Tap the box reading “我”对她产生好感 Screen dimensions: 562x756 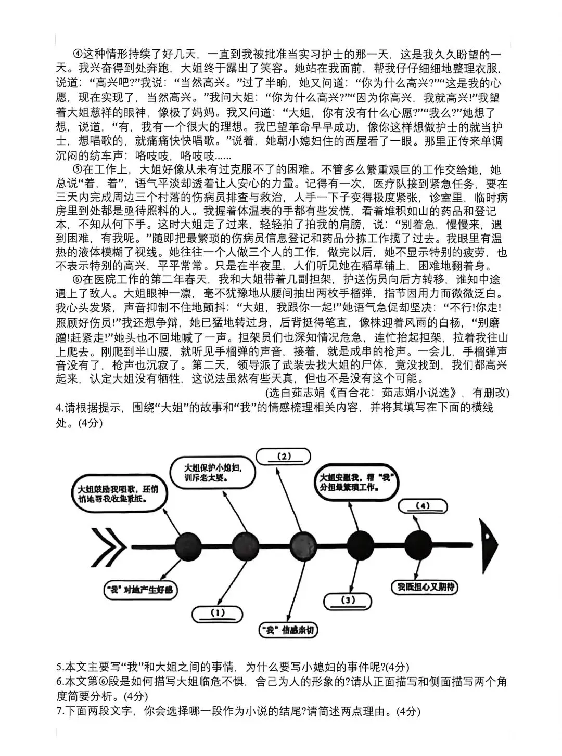141,589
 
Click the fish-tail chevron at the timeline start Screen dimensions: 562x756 108,546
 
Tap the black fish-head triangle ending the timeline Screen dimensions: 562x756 490,544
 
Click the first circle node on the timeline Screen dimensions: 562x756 187,546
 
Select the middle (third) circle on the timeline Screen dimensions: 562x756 302,546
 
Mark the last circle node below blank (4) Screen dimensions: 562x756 418,545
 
